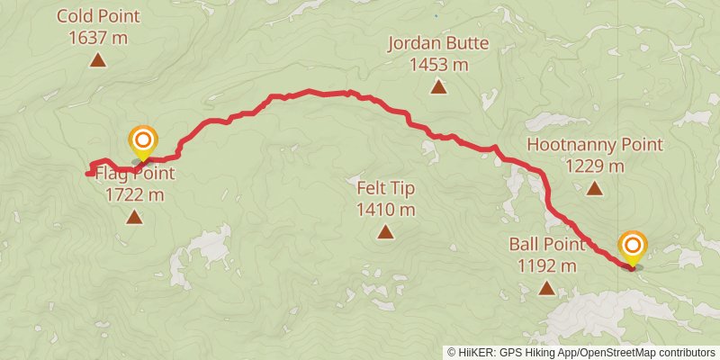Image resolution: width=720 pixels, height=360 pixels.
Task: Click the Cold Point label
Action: (97, 16)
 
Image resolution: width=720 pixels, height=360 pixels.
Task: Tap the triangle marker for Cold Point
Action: (97, 60)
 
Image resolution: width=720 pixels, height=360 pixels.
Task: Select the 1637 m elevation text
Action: (97, 38)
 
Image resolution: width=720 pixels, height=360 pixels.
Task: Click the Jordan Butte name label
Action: (438, 43)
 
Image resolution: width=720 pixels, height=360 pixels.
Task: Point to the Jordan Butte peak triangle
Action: (438, 86)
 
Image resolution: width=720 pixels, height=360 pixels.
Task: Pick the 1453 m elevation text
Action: (438, 65)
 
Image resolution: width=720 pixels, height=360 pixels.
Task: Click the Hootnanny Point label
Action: (595, 144)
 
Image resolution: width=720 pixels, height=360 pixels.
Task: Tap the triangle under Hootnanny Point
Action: (595, 188)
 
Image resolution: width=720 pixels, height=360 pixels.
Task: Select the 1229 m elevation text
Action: (595, 166)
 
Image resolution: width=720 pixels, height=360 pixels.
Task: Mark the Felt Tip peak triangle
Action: (385, 233)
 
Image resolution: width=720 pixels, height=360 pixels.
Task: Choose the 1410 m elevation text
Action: (385, 211)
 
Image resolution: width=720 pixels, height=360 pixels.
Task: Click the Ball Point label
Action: (547, 244)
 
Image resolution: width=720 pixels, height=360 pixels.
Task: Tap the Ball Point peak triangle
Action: (547, 288)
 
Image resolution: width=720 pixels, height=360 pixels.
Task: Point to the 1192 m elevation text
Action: (547, 265)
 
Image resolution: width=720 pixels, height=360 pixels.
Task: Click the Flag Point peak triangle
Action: (134, 216)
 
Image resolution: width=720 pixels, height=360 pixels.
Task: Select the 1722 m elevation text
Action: (134, 193)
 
